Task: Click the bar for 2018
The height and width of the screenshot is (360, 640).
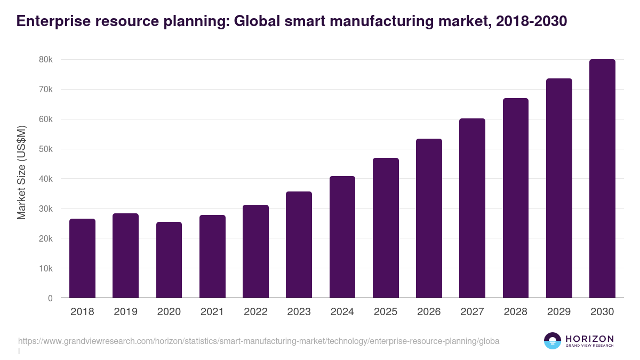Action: click(82, 258)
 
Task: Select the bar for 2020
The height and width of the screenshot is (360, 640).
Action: click(169, 260)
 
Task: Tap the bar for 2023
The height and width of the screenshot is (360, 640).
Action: click(299, 245)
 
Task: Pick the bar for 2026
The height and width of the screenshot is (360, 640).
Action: click(429, 218)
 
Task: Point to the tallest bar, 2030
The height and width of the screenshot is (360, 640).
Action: click(602, 179)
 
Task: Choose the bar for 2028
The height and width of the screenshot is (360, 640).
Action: click(516, 198)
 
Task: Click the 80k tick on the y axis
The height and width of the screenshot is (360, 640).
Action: click(46, 60)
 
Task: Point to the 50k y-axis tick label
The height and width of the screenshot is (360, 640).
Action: click(46, 149)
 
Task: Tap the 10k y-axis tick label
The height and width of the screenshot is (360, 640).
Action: click(46, 269)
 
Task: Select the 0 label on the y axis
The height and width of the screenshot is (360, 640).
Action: click(50, 299)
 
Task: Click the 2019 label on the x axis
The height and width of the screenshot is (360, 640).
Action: click(125, 312)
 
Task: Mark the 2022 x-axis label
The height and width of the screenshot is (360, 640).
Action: click(255, 312)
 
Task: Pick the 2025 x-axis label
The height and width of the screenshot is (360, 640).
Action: click(386, 312)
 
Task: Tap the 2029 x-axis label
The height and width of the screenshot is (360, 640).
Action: click(559, 312)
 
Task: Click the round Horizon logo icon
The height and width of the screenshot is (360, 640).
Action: click(553, 341)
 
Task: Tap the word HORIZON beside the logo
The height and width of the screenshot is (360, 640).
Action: click(589, 339)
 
